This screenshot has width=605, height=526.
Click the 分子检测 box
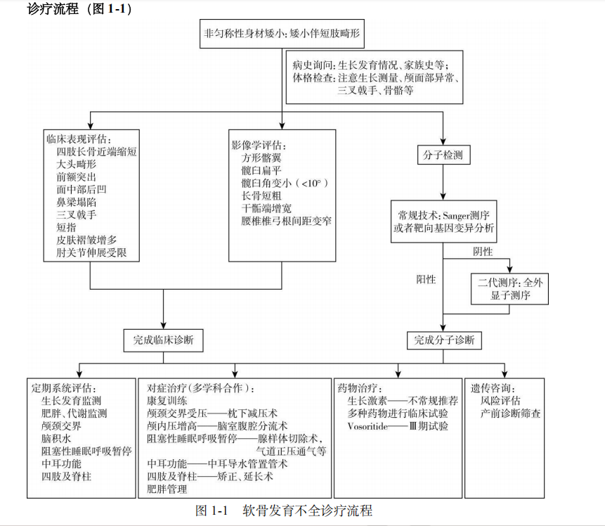[443, 155]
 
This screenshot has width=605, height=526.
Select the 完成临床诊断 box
[163, 340]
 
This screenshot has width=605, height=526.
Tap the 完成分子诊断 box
[444, 340]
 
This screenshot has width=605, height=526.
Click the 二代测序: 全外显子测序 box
[509, 289]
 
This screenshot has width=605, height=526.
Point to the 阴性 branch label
[483, 252]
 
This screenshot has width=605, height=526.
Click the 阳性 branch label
[426, 280]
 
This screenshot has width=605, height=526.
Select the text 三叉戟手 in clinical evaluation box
[77, 214]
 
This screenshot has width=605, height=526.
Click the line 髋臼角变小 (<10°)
[285, 183]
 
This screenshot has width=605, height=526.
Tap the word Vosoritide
[367, 426]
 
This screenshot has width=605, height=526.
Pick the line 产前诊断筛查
[510, 413]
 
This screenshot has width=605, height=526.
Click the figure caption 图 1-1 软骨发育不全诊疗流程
[284, 511]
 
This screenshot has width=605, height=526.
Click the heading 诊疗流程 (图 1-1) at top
[79, 8]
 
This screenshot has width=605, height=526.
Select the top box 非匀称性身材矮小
[282, 34]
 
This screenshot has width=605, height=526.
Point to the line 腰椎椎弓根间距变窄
[286, 221]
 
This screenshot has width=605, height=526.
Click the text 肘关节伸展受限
[91, 252]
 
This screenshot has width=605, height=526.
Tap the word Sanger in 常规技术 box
[460, 215]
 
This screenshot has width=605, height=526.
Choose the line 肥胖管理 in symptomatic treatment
[167, 489]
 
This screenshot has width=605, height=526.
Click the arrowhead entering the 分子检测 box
[443, 142]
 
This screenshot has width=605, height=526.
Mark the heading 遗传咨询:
[493, 388]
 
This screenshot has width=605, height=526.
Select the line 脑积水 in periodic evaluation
[56, 439]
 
